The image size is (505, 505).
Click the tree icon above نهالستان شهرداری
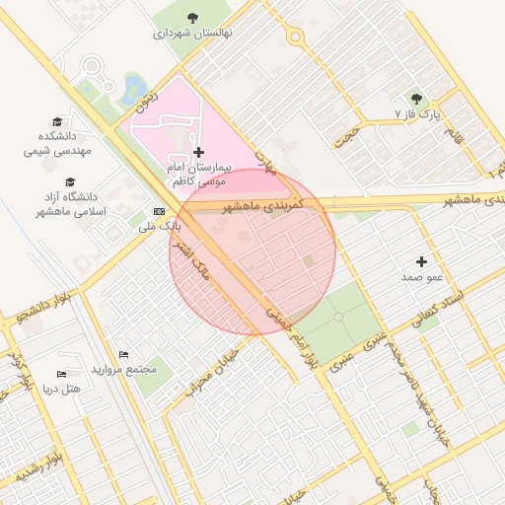tap(192, 17)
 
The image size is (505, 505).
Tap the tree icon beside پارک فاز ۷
tap(416, 99)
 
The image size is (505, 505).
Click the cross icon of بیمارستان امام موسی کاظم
tap(199, 152)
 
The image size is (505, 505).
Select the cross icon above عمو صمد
tap(422, 261)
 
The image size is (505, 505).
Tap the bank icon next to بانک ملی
tap(160, 212)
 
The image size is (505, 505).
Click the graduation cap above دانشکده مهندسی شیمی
tap(57, 120)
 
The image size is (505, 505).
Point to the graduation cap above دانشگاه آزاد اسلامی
tap(70, 181)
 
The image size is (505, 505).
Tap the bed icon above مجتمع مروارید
tap(123, 354)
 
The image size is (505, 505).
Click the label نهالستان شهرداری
tap(192, 33)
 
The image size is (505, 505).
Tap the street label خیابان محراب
tap(214, 365)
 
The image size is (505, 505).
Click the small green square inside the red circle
tap(309, 260)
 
